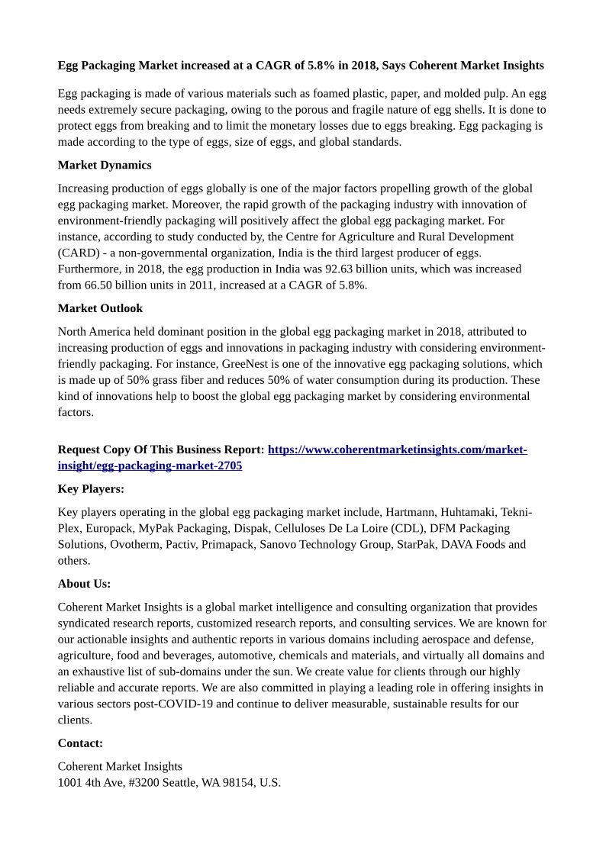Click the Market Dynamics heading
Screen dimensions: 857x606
click(105, 165)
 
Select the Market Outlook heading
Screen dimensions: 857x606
click(100, 308)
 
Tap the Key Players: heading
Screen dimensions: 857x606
click(91, 488)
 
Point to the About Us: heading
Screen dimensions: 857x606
click(84, 584)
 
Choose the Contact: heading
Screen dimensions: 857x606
click(80, 743)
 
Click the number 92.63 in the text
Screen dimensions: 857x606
click(343, 269)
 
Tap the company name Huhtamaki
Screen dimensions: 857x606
click(469, 512)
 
